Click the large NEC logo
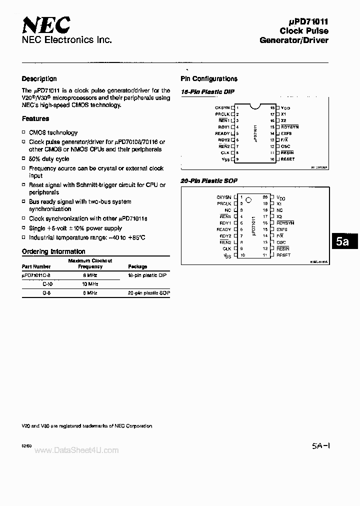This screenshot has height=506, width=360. pos(45,24)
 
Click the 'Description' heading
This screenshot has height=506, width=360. pos(39,79)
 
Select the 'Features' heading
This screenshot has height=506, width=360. pos(35,119)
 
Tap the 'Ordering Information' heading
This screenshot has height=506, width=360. pos(53,251)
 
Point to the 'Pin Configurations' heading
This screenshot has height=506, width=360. pos(208,79)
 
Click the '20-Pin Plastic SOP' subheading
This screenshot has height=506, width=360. pos(209,180)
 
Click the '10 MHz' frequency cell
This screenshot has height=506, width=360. pos(90,284)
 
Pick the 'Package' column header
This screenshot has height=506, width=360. pos(137,267)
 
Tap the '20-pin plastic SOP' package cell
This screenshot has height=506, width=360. pos(149,293)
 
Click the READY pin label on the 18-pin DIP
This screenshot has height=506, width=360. pos(222,133)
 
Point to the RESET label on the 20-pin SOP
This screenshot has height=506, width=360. pos(283,255)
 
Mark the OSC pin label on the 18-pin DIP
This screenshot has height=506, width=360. pos(285,146)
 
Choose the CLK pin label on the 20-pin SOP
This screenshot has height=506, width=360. pos(226,248)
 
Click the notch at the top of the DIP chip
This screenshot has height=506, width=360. pos(255,106)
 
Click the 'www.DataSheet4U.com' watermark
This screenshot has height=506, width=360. pos(77,450)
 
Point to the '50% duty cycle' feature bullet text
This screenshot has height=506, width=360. pos(49,158)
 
